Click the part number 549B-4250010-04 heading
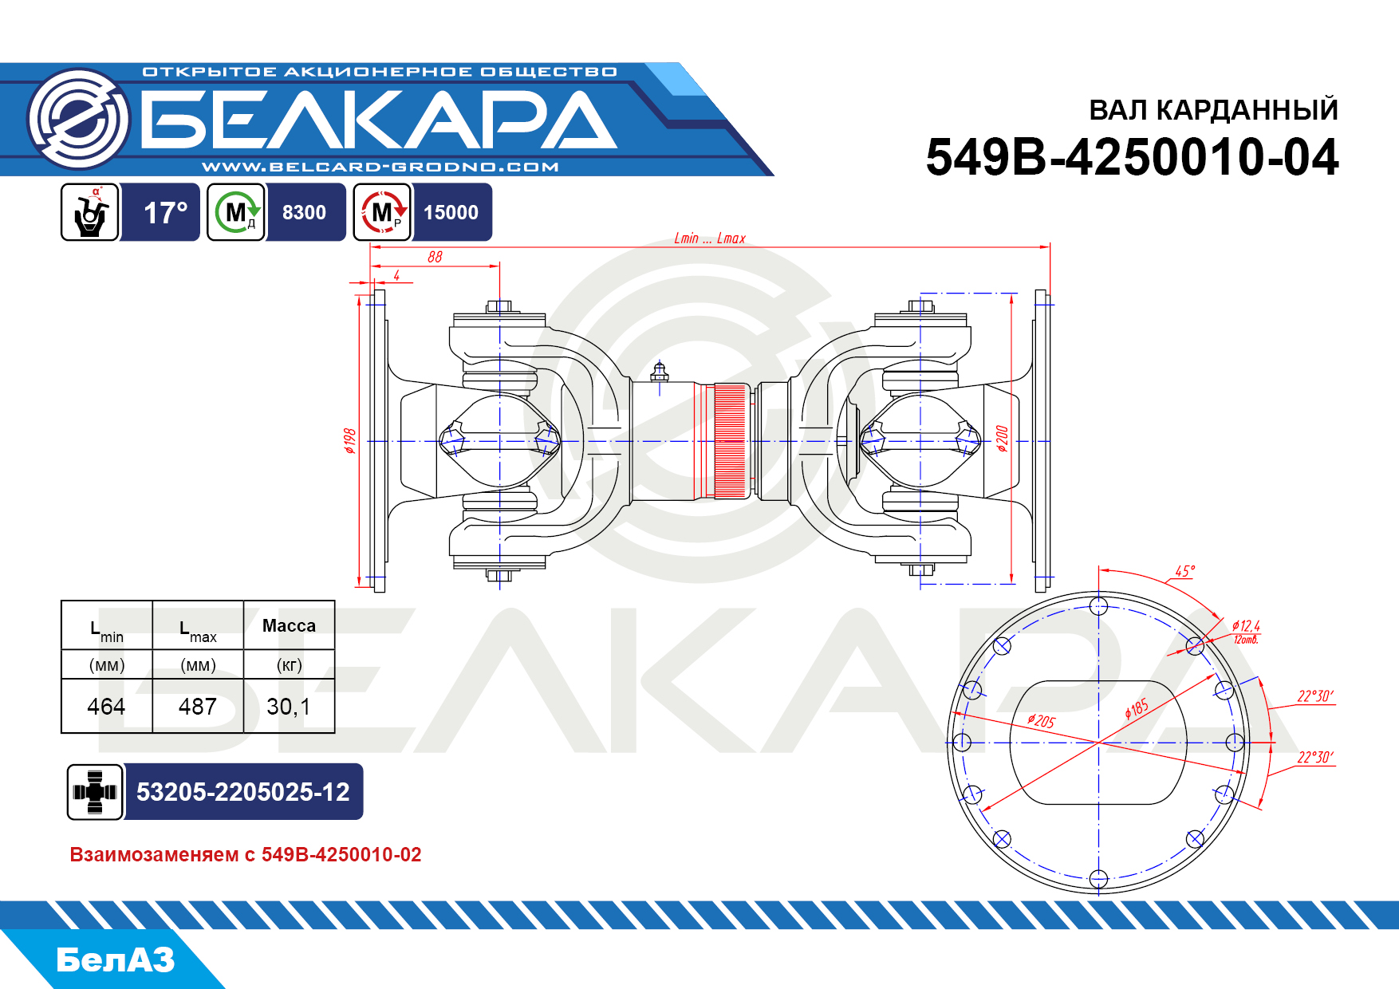(x=1132, y=157)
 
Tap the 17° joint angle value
(x=165, y=213)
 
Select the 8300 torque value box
(x=304, y=213)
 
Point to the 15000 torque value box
(x=451, y=213)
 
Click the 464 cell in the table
(x=106, y=707)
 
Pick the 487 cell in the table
(x=198, y=707)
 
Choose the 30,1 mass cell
(x=289, y=707)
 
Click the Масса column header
(x=289, y=626)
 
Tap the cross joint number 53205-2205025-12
(x=242, y=792)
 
